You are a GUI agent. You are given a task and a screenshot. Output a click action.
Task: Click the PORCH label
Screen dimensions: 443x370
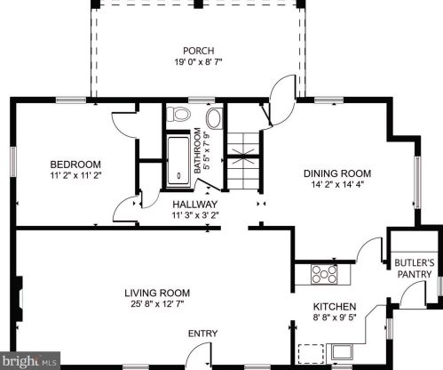point(198,51)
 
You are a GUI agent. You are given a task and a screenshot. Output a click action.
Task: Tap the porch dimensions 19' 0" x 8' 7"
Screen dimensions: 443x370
point(198,62)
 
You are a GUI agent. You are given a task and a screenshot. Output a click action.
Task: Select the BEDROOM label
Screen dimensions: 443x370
point(75,165)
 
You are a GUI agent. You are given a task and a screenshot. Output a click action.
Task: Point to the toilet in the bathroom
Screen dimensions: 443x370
point(178,115)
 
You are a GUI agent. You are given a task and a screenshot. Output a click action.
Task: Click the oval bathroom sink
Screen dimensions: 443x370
point(215,118)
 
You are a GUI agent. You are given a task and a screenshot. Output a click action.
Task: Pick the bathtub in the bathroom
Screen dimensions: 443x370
point(178,161)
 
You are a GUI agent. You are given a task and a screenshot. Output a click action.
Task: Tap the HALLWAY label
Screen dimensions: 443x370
point(195,205)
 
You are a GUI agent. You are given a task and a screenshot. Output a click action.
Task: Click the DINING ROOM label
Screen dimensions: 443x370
point(337,173)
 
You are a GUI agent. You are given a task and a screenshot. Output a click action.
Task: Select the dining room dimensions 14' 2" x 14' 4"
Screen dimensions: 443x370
point(337,184)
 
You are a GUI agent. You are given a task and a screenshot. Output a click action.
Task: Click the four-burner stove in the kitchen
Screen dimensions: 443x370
point(324,274)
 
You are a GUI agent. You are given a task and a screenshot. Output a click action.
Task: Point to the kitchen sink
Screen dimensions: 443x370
point(342,352)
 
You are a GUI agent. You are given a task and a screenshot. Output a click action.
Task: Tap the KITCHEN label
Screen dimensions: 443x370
point(335,307)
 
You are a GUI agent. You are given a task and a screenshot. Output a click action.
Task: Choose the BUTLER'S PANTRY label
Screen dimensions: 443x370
point(415,269)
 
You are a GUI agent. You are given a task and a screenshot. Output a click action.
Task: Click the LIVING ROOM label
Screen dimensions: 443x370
point(157,293)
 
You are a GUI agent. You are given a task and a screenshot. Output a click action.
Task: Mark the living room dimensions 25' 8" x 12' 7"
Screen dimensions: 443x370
point(157,304)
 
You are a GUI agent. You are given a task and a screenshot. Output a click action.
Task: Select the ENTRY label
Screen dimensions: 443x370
point(203,334)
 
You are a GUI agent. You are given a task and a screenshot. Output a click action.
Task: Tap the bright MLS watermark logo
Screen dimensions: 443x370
point(29,360)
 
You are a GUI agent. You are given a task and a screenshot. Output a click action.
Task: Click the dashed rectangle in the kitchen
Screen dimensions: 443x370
point(311,353)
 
